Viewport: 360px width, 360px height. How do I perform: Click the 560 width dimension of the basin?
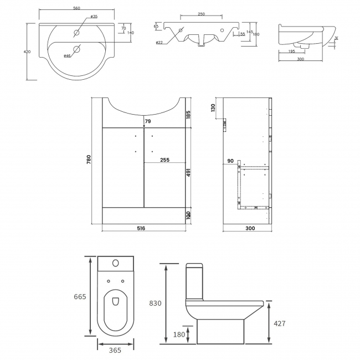click(x=76, y=8)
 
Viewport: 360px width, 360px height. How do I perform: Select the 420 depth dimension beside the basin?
click(x=27, y=52)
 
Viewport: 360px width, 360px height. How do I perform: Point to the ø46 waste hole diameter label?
click(x=67, y=56)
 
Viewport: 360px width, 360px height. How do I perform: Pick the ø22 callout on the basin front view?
click(x=160, y=43)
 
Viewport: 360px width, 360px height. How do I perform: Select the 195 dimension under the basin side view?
click(x=291, y=52)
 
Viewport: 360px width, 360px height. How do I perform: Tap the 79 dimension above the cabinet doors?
click(x=147, y=121)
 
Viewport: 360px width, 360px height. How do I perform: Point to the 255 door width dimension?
click(x=164, y=160)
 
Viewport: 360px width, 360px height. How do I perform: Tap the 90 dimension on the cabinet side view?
click(x=230, y=161)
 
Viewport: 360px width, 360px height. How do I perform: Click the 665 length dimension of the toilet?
click(x=80, y=297)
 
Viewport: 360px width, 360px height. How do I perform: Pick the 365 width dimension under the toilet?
click(x=116, y=351)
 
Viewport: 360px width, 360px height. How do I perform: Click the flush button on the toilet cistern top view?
click(x=116, y=263)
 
